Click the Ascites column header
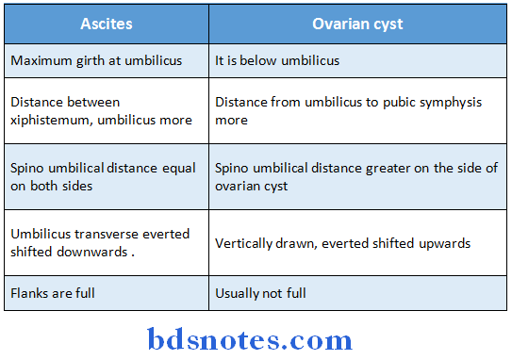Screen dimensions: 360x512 pos(107,24)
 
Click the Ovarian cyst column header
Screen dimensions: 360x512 pos(357,24)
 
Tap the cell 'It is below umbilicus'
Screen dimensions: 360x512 pos(277,61)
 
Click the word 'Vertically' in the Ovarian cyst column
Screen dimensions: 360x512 pos(244,242)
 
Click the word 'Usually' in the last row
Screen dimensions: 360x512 pos(239,294)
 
